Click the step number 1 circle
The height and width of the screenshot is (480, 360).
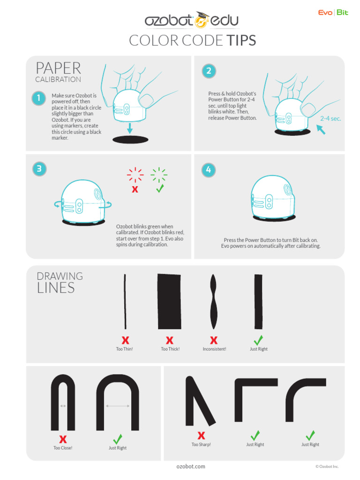point(39,98)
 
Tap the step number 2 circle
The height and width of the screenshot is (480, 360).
point(209,71)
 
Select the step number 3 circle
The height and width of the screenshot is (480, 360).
point(39,169)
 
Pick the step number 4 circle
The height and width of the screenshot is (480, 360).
point(209,170)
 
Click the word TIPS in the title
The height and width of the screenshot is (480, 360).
point(241,40)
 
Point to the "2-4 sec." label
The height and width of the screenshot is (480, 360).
point(330,119)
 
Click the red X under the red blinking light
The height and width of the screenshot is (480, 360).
point(135,189)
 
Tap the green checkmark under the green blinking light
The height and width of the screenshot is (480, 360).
point(160,188)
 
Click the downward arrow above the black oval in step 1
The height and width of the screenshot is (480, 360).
point(130,128)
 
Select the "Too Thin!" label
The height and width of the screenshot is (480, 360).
point(124,349)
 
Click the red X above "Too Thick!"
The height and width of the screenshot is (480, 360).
point(170,340)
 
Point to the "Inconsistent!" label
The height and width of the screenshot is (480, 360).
point(214,349)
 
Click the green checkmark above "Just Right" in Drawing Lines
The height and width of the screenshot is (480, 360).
point(258,340)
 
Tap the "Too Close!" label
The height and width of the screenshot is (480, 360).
point(63,448)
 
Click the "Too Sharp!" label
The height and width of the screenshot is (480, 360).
point(201,444)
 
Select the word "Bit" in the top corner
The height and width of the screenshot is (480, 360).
point(342,13)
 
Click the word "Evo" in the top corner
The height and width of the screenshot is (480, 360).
point(325,13)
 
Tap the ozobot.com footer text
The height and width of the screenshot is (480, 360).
point(191,466)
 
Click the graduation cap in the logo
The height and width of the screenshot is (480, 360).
point(202,15)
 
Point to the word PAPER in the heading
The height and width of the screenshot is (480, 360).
point(58,68)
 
